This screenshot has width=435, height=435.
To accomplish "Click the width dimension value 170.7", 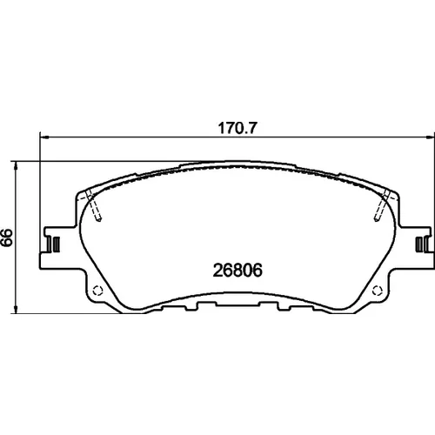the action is pos(238,128).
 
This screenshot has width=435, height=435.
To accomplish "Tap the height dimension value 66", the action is pos(7,238).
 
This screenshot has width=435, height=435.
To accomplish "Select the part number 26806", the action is pos(238,271).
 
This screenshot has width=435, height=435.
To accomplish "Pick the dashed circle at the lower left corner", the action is pos(97,291).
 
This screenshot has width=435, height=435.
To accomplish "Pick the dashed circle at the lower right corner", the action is pos(378,291).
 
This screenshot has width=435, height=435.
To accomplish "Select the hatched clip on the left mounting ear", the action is pos(56,244).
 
